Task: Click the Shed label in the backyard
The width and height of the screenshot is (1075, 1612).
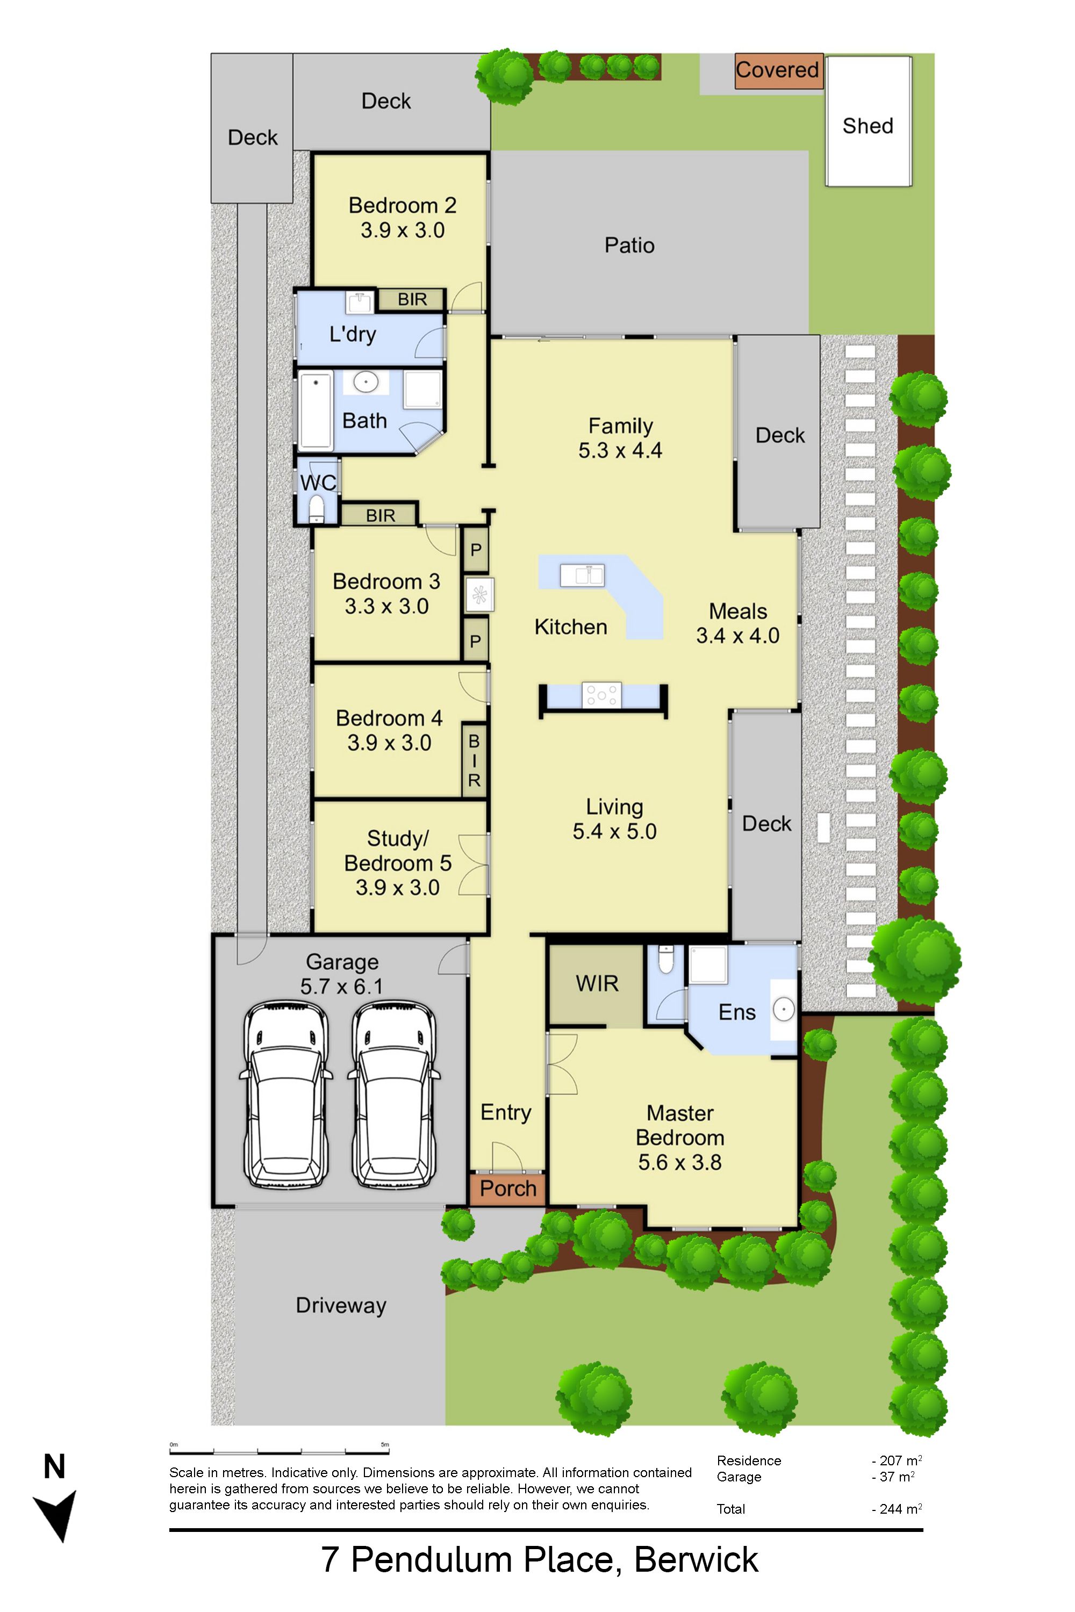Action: point(868,126)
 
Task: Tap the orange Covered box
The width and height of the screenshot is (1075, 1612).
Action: point(779,70)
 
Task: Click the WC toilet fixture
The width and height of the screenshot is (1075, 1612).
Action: point(316,508)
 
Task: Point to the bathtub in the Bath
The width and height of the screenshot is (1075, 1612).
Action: point(316,411)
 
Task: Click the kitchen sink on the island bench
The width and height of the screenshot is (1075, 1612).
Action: point(582,574)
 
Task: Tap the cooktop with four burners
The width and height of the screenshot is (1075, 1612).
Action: point(601,695)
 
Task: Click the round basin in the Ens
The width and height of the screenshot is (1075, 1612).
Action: point(784,1009)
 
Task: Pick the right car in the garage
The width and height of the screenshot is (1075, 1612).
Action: point(394,1095)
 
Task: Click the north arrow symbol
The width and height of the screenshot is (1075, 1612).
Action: point(55,1515)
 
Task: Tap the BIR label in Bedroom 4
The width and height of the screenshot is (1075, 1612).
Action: point(474,760)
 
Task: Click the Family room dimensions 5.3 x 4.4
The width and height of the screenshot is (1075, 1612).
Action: point(620,450)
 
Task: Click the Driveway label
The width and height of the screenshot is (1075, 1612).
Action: point(341,1305)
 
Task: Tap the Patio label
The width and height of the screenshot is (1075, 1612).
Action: point(629,246)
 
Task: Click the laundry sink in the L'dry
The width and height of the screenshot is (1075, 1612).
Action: point(359,301)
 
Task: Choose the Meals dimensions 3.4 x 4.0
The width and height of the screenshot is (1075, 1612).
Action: point(737,635)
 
